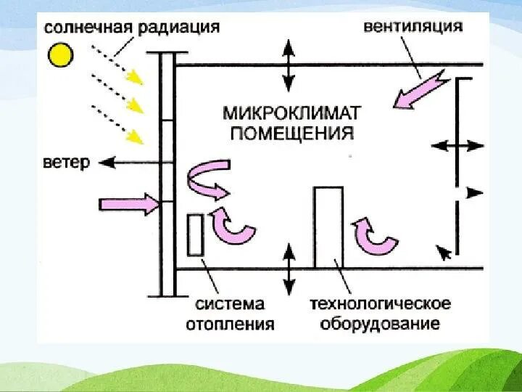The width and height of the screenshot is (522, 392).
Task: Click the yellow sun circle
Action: tap(62, 54)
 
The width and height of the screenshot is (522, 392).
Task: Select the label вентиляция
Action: tap(413, 27)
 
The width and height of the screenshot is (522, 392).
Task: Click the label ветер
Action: tap(66, 162)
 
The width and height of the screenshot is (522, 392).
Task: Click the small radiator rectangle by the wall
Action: tap(194, 234)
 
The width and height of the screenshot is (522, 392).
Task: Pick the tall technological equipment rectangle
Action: tap(328, 227)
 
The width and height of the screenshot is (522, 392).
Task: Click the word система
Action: tap(229, 303)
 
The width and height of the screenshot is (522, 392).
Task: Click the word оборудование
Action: tap(380, 323)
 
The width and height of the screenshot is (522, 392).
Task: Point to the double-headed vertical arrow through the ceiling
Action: tap(289, 65)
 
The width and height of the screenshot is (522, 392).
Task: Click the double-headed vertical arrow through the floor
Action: tap(289, 269)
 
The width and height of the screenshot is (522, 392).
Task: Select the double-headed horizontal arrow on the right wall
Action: tap(457, 146)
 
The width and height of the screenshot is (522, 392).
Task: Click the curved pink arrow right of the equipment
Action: tap(374, 237)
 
